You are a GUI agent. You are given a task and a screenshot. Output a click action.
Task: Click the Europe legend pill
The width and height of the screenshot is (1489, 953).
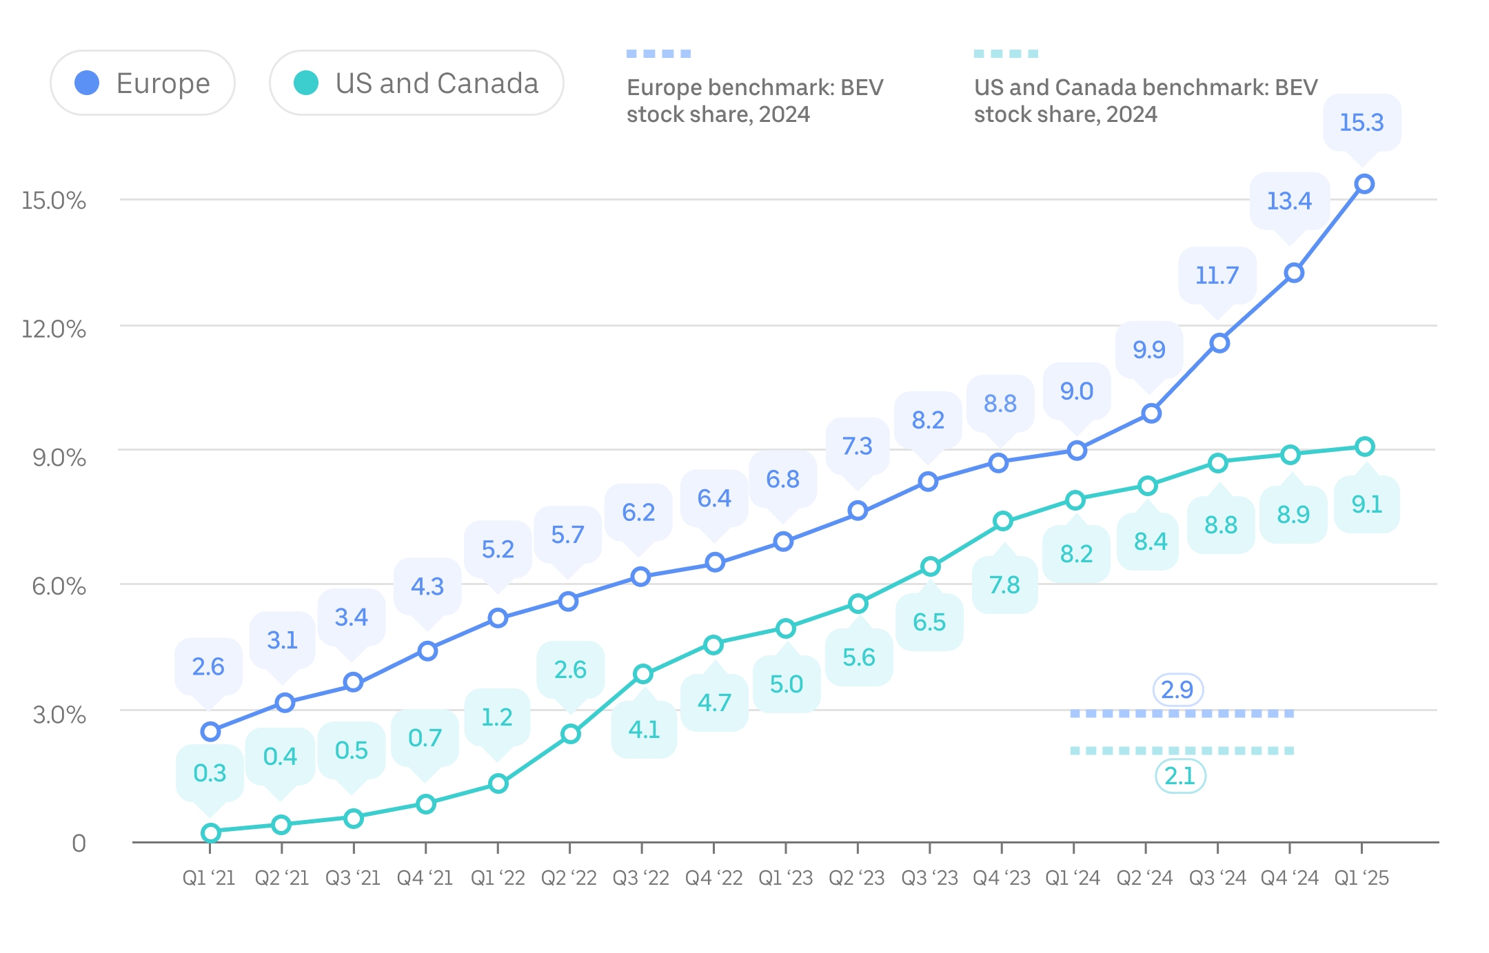tap(143, 83)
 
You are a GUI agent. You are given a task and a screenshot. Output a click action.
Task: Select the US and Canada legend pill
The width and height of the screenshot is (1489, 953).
tap(416, 83)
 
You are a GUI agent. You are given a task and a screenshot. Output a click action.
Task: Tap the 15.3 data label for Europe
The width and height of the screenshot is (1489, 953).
tap(1361, 123)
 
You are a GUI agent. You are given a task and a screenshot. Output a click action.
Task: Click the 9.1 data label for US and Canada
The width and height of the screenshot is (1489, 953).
tap(1367, 504)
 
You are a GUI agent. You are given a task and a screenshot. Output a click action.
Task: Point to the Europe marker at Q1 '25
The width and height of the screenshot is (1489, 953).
tap(1364, 184)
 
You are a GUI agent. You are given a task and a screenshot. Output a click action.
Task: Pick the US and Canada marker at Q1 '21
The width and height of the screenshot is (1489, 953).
tap(211, 833)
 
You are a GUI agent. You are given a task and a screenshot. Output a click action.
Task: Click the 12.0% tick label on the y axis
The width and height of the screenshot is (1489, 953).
tap(54, 329)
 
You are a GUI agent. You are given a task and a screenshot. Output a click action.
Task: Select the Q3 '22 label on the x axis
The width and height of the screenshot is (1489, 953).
tap(641, 878)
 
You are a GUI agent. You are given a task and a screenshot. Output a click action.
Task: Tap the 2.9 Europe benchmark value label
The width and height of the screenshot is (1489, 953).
tap(1177, 690)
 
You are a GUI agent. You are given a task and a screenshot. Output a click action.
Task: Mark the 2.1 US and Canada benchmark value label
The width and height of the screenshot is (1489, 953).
tap(1179, 777)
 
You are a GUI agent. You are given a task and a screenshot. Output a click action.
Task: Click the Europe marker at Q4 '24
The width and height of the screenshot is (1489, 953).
tap(1294, 273)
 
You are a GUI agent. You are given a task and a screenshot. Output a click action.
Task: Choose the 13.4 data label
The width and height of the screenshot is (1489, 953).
tap(1289, 201)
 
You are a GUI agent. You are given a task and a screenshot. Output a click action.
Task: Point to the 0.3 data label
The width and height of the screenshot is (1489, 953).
tap(210, 773)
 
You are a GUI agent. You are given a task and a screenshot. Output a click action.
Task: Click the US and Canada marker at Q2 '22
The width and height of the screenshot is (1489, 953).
tap(570, 734)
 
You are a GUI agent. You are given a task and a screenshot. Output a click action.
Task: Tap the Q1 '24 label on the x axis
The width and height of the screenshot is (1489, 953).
tap(1073, 878)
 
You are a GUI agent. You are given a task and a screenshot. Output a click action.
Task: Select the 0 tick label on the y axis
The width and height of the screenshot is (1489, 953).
tap(79, 843)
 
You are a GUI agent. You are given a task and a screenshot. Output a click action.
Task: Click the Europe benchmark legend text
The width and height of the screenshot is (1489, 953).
tap(755, 101)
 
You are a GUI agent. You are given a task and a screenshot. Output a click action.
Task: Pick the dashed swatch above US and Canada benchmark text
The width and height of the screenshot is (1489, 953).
tap(1006, 54)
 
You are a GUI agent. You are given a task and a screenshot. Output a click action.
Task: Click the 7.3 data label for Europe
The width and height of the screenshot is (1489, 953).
tap(858, 447)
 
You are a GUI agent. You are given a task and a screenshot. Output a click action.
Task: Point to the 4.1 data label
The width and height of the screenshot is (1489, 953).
tap(644, 730)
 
